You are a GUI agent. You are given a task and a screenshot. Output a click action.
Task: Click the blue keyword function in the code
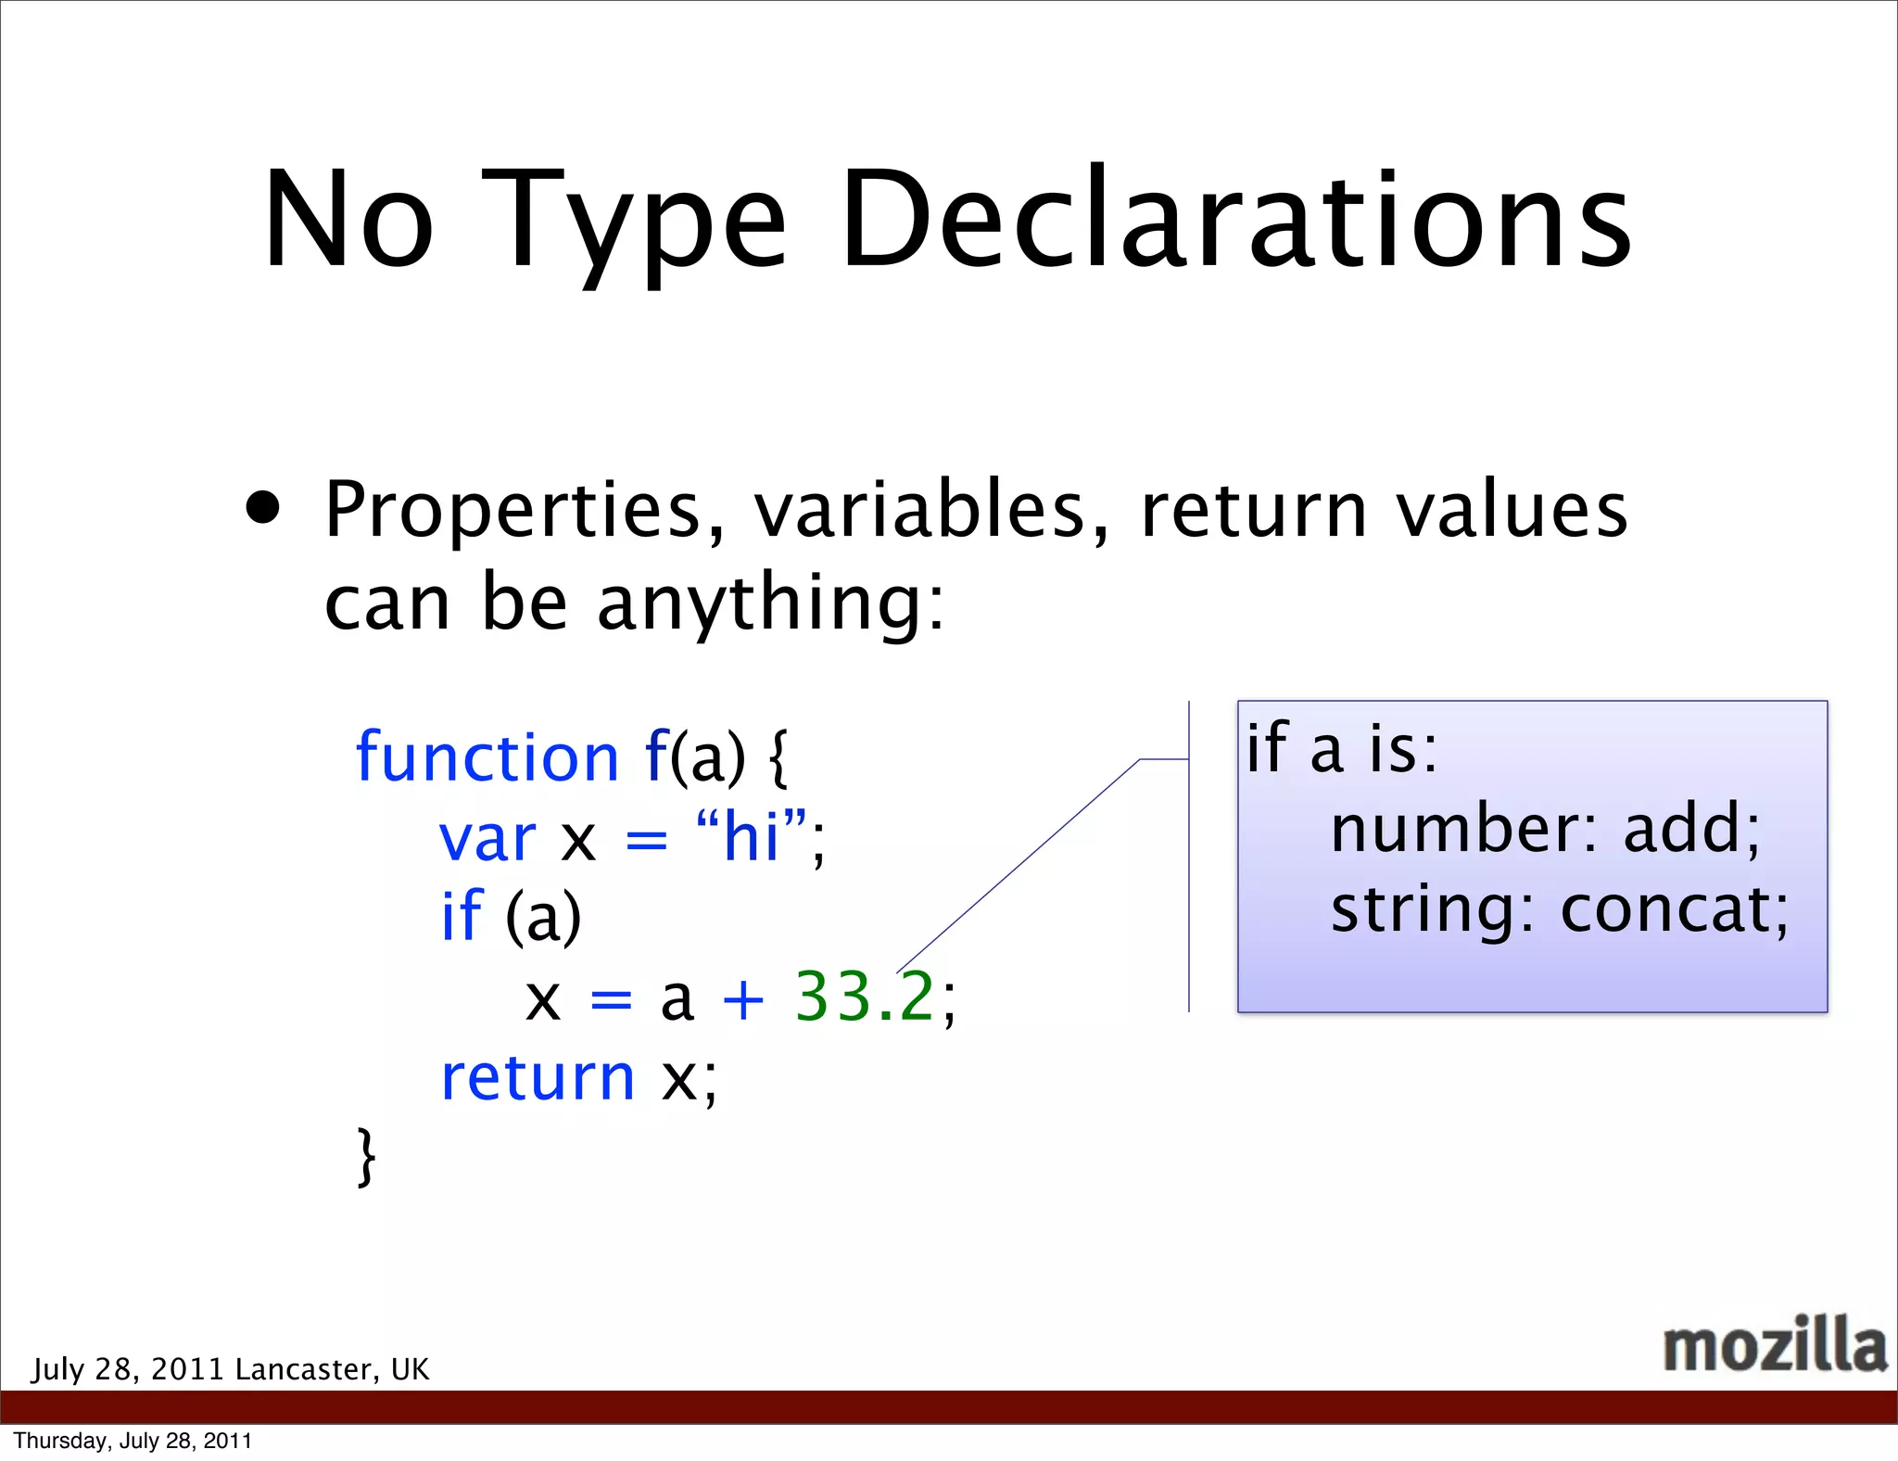[x=487, y=757]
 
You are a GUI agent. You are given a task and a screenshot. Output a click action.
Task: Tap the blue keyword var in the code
[x=487, y=839]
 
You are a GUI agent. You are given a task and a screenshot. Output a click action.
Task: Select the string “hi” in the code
[x=751, y=836]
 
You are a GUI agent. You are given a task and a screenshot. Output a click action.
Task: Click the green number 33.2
[x=865, y=997]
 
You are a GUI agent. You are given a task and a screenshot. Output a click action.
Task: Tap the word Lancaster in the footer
[x=308, y=1369]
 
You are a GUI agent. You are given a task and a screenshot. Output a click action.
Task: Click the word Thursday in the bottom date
[x=60, y=1441]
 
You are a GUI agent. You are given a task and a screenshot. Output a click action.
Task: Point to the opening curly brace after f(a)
[x=779, y=757]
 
